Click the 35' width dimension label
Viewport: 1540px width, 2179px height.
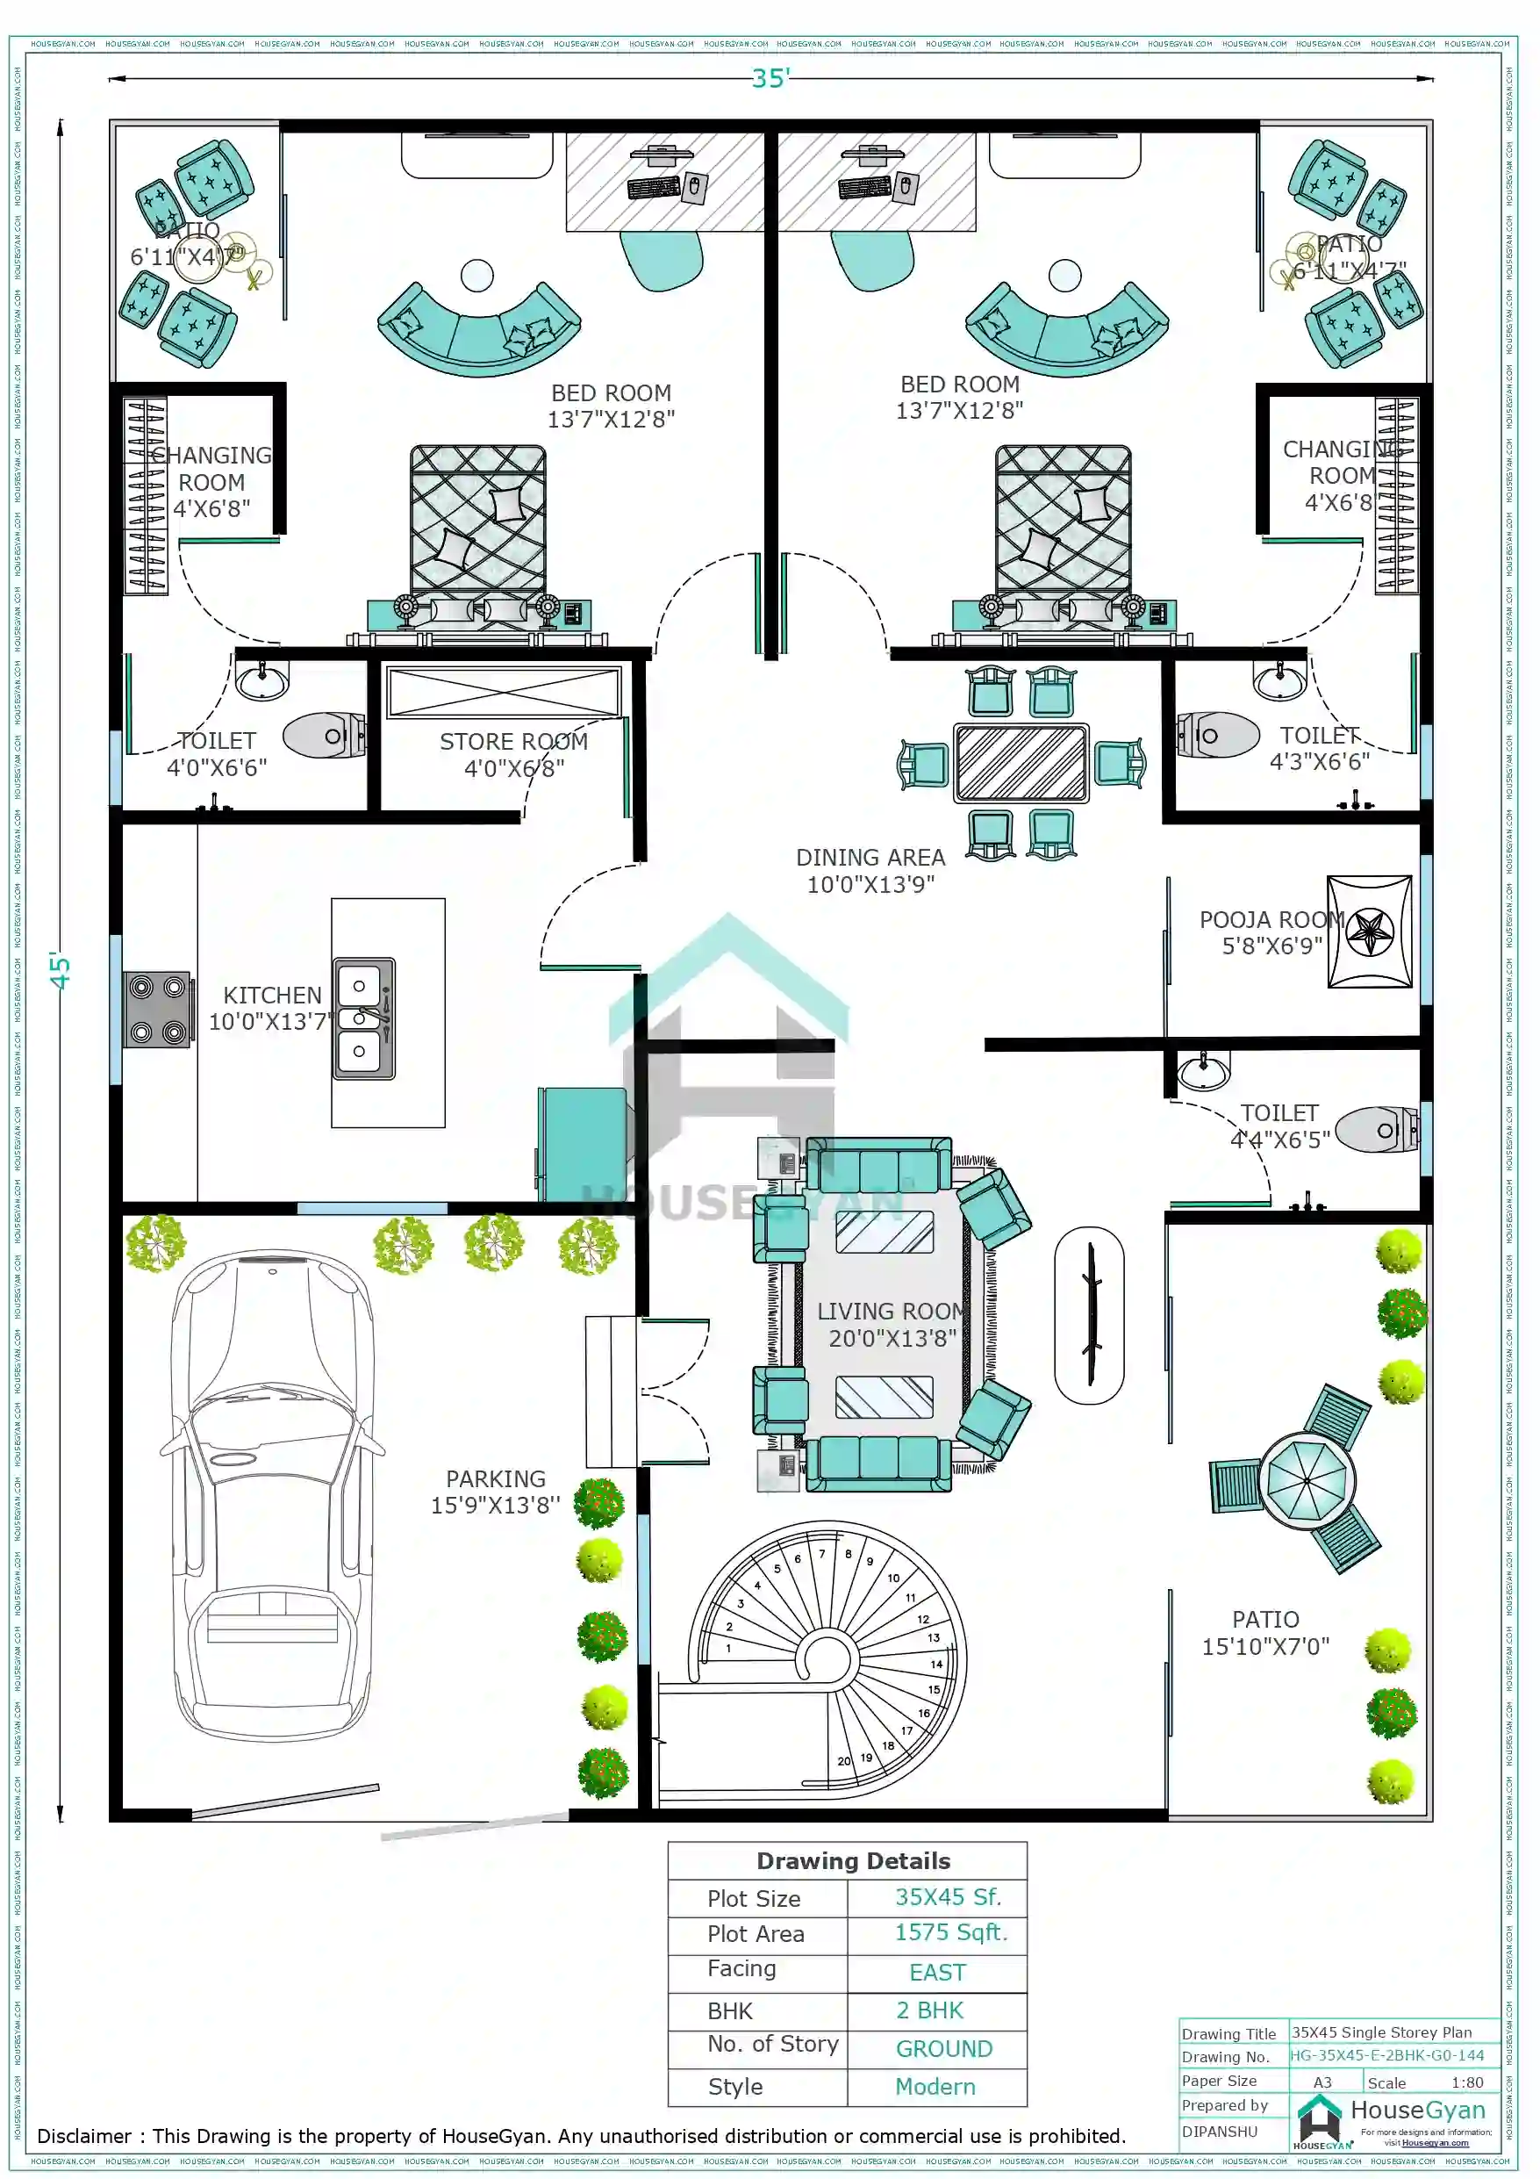click(770, 78)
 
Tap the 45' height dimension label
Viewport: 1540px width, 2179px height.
click(60, 971)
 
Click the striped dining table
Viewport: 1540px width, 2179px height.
click(1021, 763)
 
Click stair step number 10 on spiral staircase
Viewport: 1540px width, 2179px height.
click(893, 1579)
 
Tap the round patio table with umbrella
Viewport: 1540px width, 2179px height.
click(1307, 1480)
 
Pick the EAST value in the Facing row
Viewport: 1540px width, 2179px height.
click(936, 1972)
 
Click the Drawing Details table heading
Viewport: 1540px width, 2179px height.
click(852, 1861)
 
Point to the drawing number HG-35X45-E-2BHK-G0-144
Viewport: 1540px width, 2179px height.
click(1386, 2055)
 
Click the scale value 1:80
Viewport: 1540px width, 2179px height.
click(1467, 2082)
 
